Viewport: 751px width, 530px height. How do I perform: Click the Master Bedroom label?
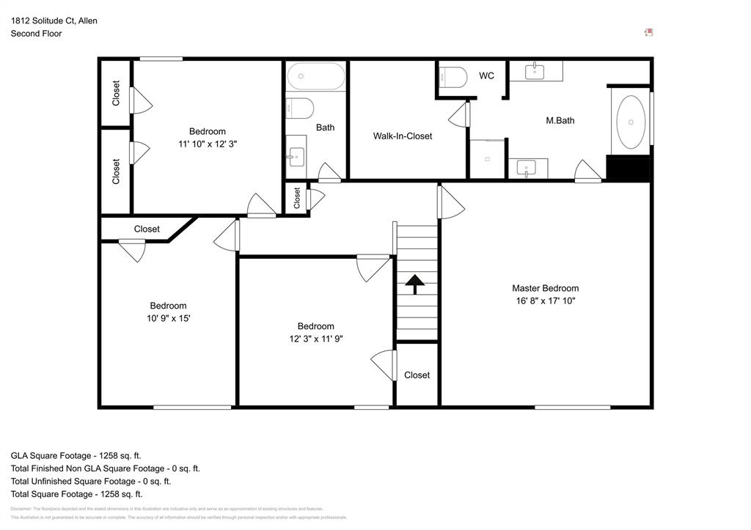click(x=545, y=288)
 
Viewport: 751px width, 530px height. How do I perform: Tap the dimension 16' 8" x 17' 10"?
click(x=545, y=301)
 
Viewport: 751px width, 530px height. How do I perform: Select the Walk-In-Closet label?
click(x=402, y=136)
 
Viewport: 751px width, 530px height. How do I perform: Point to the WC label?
click(x=486, y=76)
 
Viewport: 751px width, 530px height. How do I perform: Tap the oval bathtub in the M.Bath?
click(x=631, y=122)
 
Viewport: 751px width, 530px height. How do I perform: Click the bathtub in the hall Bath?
click(x=315, y=76)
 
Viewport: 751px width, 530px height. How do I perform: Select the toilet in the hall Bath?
click(x=299, y=108)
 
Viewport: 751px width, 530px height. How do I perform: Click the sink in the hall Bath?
click(x=296, y=156)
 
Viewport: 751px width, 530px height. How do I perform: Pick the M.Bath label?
click(x=560, y=120)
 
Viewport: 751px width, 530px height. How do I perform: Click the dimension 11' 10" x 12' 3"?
click(x=207, y=144)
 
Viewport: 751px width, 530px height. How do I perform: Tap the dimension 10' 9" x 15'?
click(x=168, y=318)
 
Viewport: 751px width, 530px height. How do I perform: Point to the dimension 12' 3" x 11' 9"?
click(x=315, y=339)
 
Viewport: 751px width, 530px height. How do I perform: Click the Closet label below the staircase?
click(x=417, y=375)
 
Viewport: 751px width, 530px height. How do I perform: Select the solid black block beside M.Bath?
click(x=628, y=169)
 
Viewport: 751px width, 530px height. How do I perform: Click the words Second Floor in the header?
click(x=36, y=34)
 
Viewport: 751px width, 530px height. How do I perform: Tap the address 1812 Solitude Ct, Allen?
click(x=54, y=21)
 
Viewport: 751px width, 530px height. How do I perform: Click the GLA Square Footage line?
click(x=76, y=455)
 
